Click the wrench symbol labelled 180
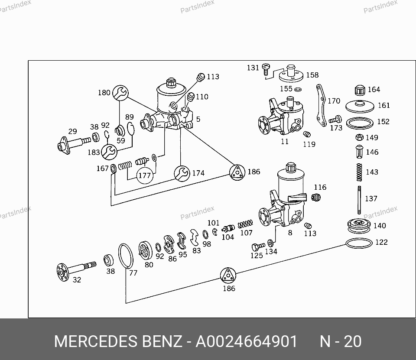click(120, 93)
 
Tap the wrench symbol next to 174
click(182, 173)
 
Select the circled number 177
click(145, 175)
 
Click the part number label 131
click(253, 68)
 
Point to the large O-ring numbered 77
click(126, 256)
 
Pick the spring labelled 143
click(359, 172)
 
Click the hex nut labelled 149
click(359, 137)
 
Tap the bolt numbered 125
click(258, 247)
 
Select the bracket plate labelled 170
click(321, 105)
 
